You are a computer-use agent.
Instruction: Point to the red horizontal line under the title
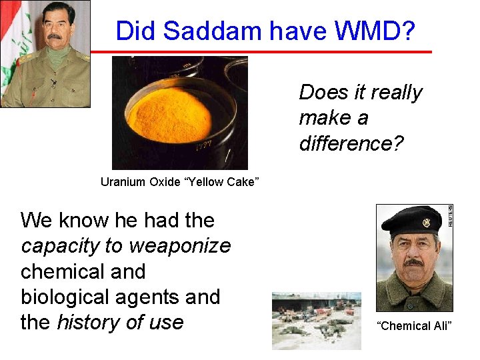[x=260, y=51]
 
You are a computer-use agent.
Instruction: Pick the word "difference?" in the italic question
[x=351, y=143]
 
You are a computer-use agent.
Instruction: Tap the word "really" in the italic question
[x=394, y=93]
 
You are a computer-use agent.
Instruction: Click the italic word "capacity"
[x=60, y=246]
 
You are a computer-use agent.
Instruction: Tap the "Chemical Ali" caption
[x=414, y=325]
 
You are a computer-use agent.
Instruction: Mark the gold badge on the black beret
[x=426, y=222]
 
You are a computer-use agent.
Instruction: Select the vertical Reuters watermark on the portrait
[x=450, y=216]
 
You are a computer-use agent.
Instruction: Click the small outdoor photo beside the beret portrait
[x=316, y=321]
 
